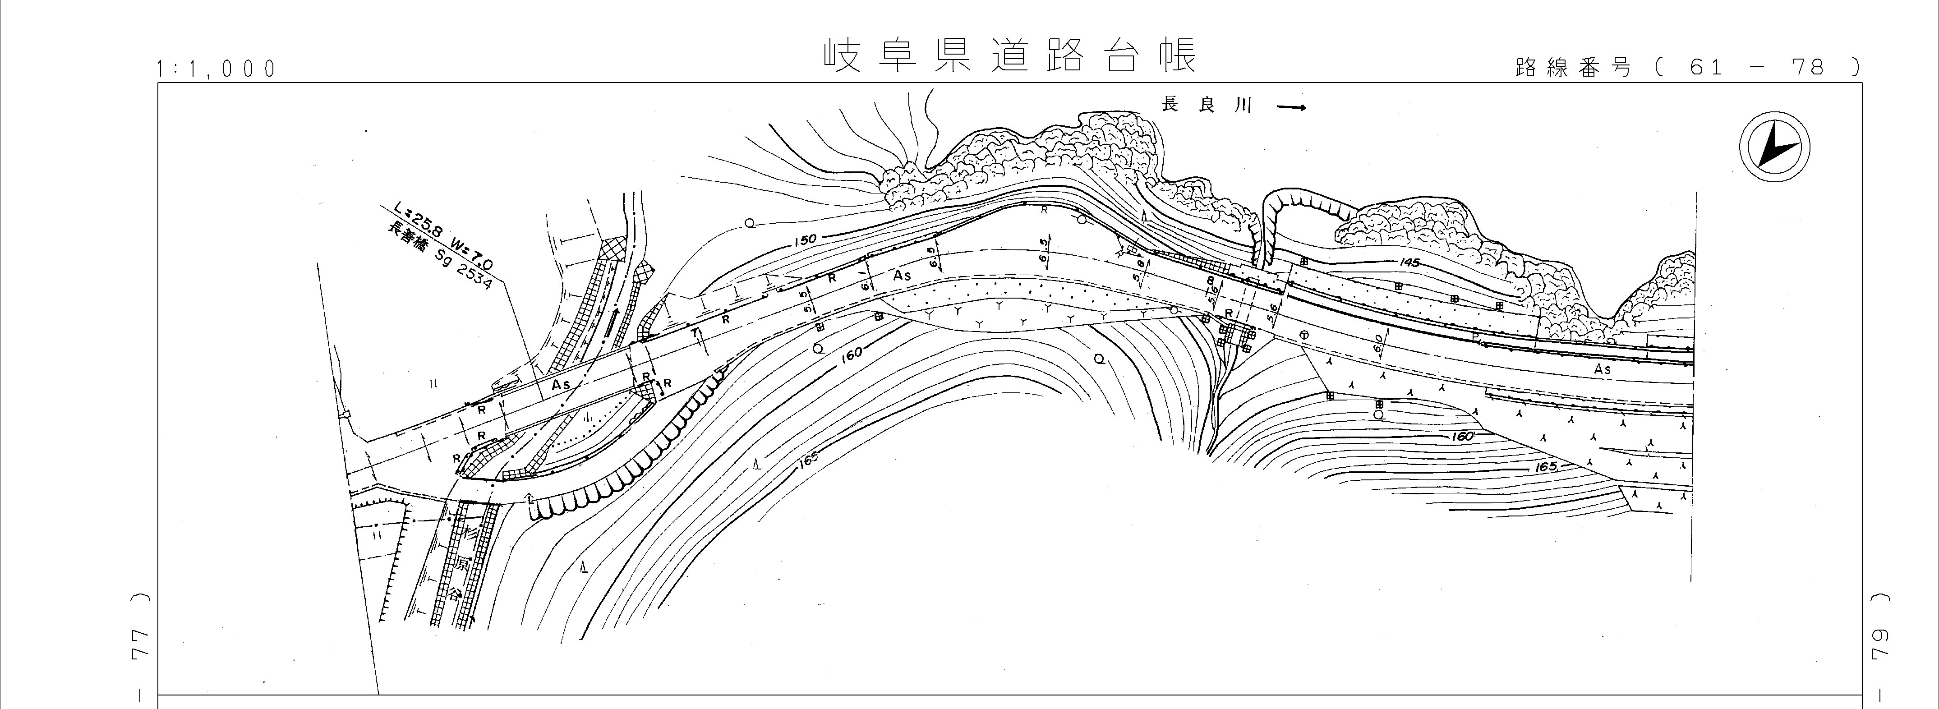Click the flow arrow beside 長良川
tap(1291, 107)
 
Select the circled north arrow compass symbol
tap(1774, 148)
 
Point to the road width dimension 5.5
tap(808, 299)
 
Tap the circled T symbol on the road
tap(1303, 334)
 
